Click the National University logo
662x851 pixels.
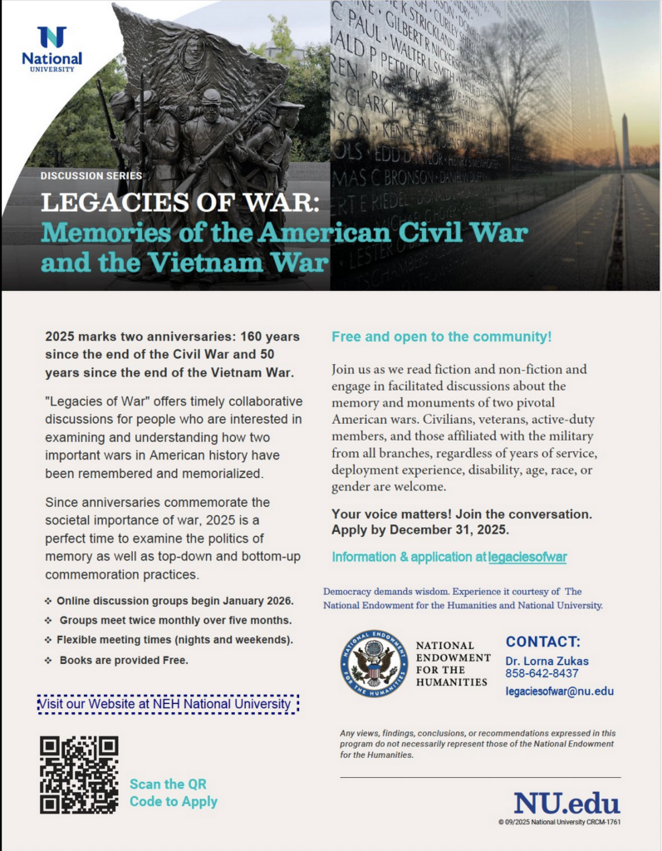[52, 49]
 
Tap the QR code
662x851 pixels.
[79, 775]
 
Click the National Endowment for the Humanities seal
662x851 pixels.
[374, 662]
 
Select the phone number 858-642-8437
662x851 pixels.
[542, 673]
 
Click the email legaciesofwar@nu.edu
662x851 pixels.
[559, 691]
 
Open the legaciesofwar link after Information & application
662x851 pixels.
[527, 557]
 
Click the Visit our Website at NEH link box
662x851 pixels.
[168, 705]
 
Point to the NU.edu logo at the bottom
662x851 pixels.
[566, 803]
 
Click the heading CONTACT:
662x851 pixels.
[542, 642]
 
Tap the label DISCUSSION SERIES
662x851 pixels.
[91, 175]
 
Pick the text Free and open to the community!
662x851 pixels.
[441, 337]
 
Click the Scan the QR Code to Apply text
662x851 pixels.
[173, 793]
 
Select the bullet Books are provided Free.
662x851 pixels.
[124, 661]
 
